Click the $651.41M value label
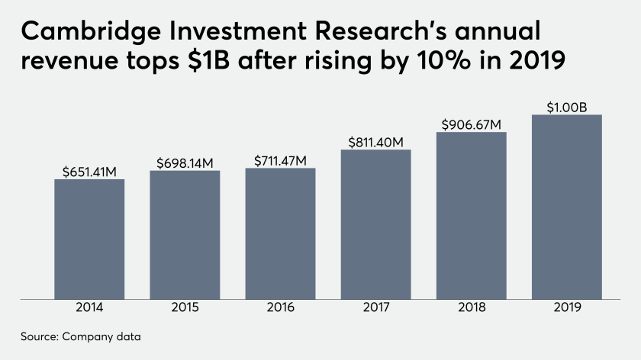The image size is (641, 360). pos(89,172)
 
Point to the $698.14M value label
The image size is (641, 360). pos(185,162)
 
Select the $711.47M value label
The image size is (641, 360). pos(280,160)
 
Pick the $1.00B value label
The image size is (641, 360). pos(566,107)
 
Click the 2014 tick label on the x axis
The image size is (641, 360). pos(89,308)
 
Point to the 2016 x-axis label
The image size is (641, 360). pos(280,308)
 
